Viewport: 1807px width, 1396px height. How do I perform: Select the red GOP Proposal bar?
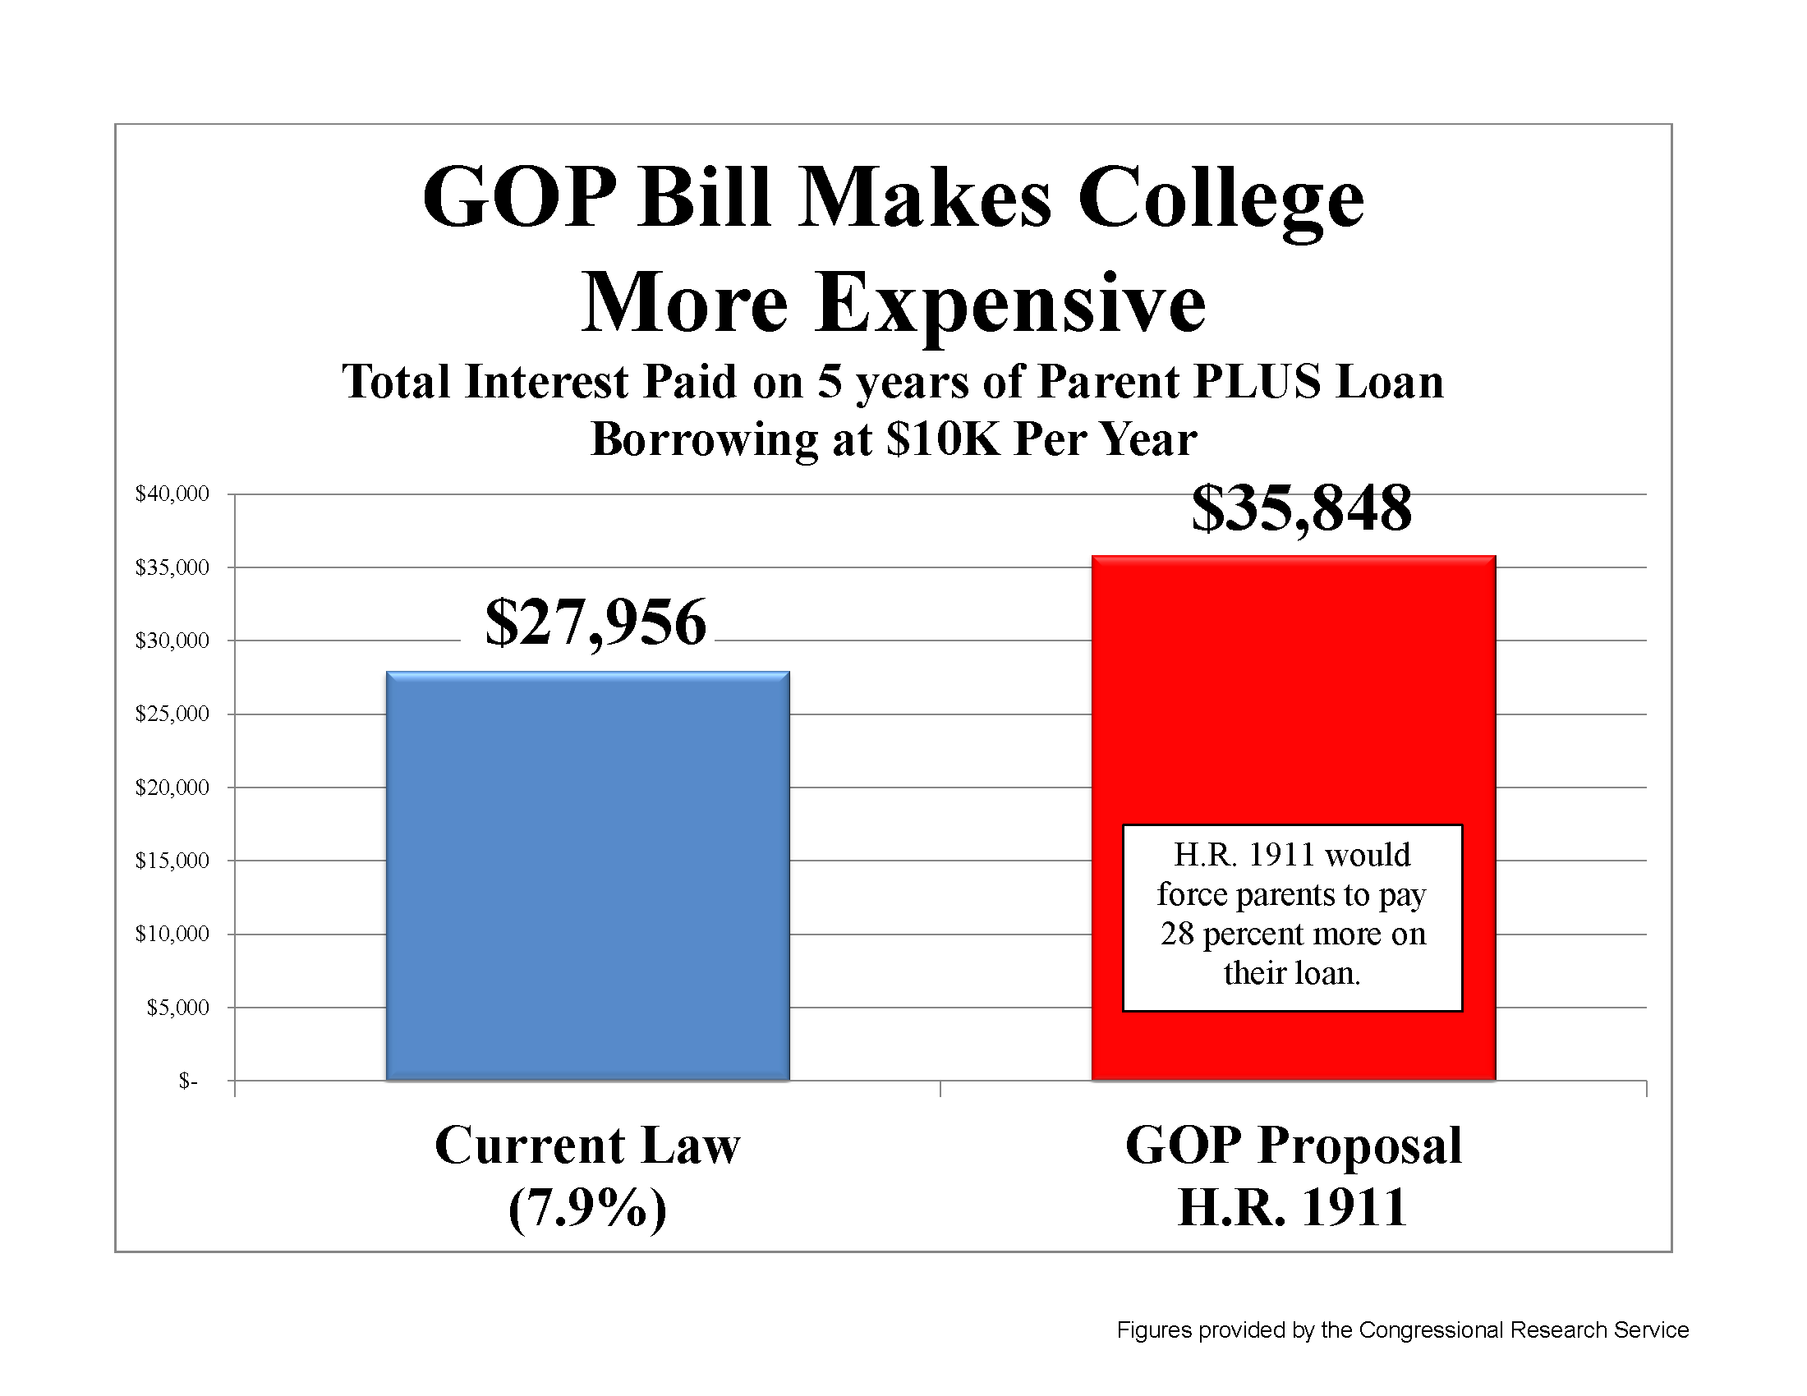coord(1293,703)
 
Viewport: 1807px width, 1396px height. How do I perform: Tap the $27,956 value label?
coord(595,622)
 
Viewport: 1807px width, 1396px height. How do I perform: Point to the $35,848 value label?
coord(1302,507)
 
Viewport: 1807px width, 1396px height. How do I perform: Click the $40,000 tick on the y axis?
coord(172,494)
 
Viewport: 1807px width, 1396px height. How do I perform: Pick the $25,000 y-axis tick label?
coord(172,714)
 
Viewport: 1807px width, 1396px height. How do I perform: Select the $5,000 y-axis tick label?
coord(177,1008)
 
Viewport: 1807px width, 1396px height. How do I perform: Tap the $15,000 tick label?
coord(172,861)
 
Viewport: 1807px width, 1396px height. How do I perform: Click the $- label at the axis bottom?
coord(188,1081)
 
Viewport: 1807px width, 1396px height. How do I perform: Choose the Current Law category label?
coord(587,1146)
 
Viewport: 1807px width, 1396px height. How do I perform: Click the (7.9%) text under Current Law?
coord(587,1208)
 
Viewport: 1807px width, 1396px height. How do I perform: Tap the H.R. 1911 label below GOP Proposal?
coord(1292,1208)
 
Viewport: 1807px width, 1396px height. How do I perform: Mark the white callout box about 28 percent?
coord(1292,917)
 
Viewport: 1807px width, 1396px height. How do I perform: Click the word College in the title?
coord(1221,200)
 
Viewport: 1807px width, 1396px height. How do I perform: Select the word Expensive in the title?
coord(1011,304)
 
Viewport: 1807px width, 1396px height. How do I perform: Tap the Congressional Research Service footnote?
coord(1402,1329)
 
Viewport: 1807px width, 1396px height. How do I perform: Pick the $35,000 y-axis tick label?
coord(172,567)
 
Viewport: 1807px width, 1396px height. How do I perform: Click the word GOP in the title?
coord(520,199)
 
